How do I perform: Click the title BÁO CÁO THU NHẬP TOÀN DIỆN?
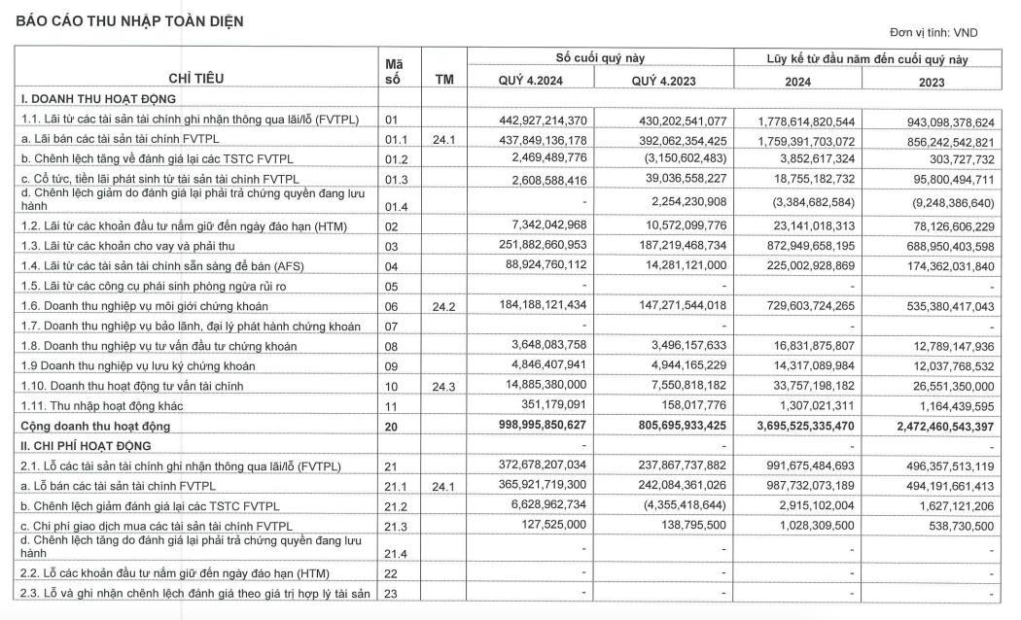coord(128,20)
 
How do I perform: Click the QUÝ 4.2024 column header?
coord(531,81)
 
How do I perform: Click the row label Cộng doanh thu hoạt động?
coord(96,426)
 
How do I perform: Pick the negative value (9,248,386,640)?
coord(940,202)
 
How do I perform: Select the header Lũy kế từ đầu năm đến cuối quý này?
coord(866,59)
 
